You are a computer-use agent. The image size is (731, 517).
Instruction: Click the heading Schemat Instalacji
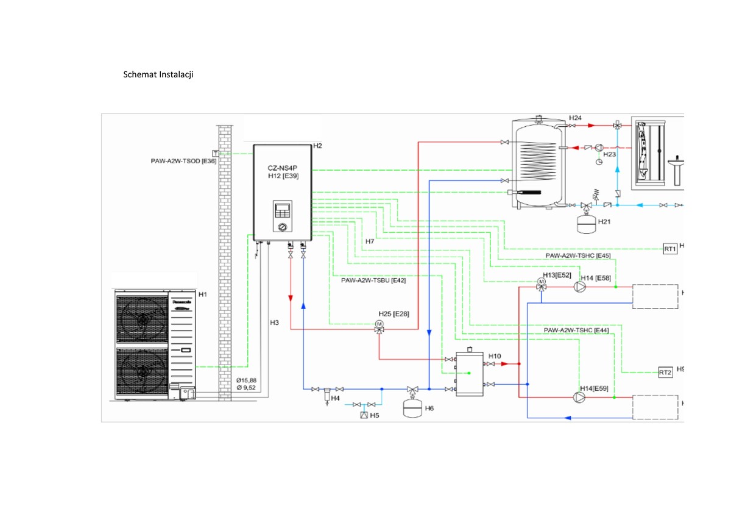tap(158, 75)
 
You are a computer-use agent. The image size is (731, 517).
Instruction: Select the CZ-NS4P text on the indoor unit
tap(281, 167)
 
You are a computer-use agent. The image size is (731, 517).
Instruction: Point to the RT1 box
tap(670, 249)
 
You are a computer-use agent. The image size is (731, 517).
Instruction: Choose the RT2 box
tap(665, 373)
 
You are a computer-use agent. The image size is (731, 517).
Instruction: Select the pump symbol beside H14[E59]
tap(577, 397)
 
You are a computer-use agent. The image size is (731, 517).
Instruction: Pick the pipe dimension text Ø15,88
tap(246, 380)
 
